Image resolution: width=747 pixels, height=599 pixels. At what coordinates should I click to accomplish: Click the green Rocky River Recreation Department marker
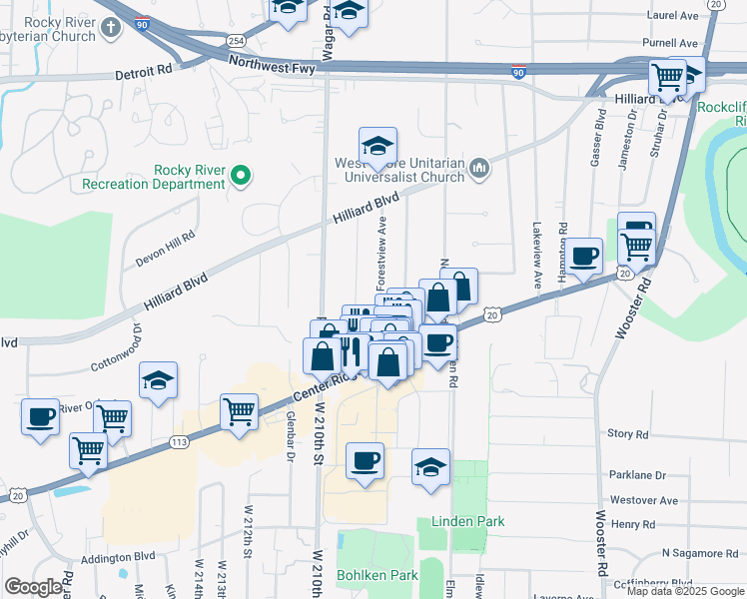(240, 178)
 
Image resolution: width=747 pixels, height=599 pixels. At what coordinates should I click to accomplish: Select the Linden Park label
(467, 521)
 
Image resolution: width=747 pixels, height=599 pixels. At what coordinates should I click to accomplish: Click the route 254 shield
(235, 40)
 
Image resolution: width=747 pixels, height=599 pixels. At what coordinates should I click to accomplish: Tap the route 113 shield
(180, 440)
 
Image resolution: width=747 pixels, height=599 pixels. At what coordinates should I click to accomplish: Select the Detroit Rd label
(144, 72)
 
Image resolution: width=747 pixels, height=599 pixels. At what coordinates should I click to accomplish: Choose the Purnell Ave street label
(670, 44)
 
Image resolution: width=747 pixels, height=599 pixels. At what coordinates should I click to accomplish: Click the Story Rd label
(628, 434)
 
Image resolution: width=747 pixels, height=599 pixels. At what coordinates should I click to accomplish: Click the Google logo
(33, 587)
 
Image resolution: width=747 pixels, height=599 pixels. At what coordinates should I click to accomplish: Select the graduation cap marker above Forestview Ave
(377, 146)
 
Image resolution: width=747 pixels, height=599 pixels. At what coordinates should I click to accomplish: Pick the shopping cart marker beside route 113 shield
(240, 411)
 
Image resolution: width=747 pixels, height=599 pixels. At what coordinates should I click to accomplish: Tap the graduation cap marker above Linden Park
(431, 467)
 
